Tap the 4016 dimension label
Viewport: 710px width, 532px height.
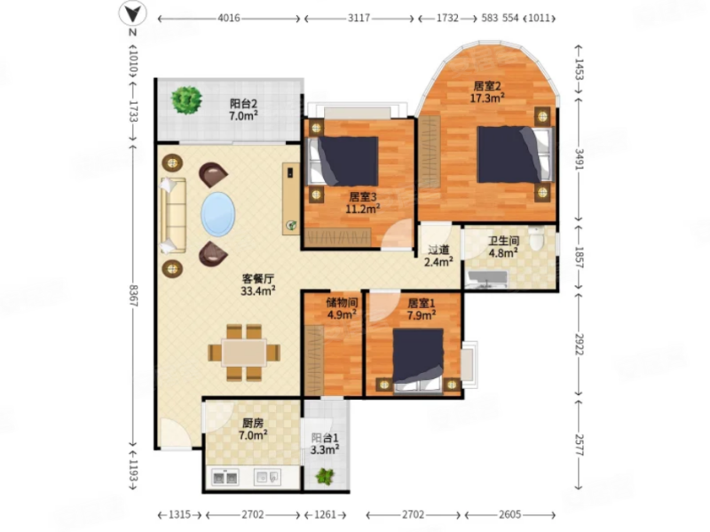click(229, 18)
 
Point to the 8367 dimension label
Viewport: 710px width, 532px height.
click(133, 296)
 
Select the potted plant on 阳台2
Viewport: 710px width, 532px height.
click(186, 99)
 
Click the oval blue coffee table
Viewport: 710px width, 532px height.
click(217, 214)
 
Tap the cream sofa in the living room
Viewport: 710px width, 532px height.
click(173, 215)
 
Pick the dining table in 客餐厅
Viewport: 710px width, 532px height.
click(244, 353)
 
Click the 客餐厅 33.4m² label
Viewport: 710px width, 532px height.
click(257, 284)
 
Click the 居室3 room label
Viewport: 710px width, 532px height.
click(363, 197)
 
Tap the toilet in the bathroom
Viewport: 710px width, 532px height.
click(536, 237)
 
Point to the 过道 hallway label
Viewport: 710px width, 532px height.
click(438, 250)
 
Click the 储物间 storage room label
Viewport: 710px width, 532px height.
click(343, 302)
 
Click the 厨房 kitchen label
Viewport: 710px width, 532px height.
click(253, 424)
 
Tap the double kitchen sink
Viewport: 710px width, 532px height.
click(225, 478)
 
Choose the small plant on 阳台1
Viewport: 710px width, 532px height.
click(325, 476)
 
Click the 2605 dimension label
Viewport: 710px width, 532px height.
click(509, 515)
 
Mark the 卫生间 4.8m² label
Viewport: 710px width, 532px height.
click(503, 247)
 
